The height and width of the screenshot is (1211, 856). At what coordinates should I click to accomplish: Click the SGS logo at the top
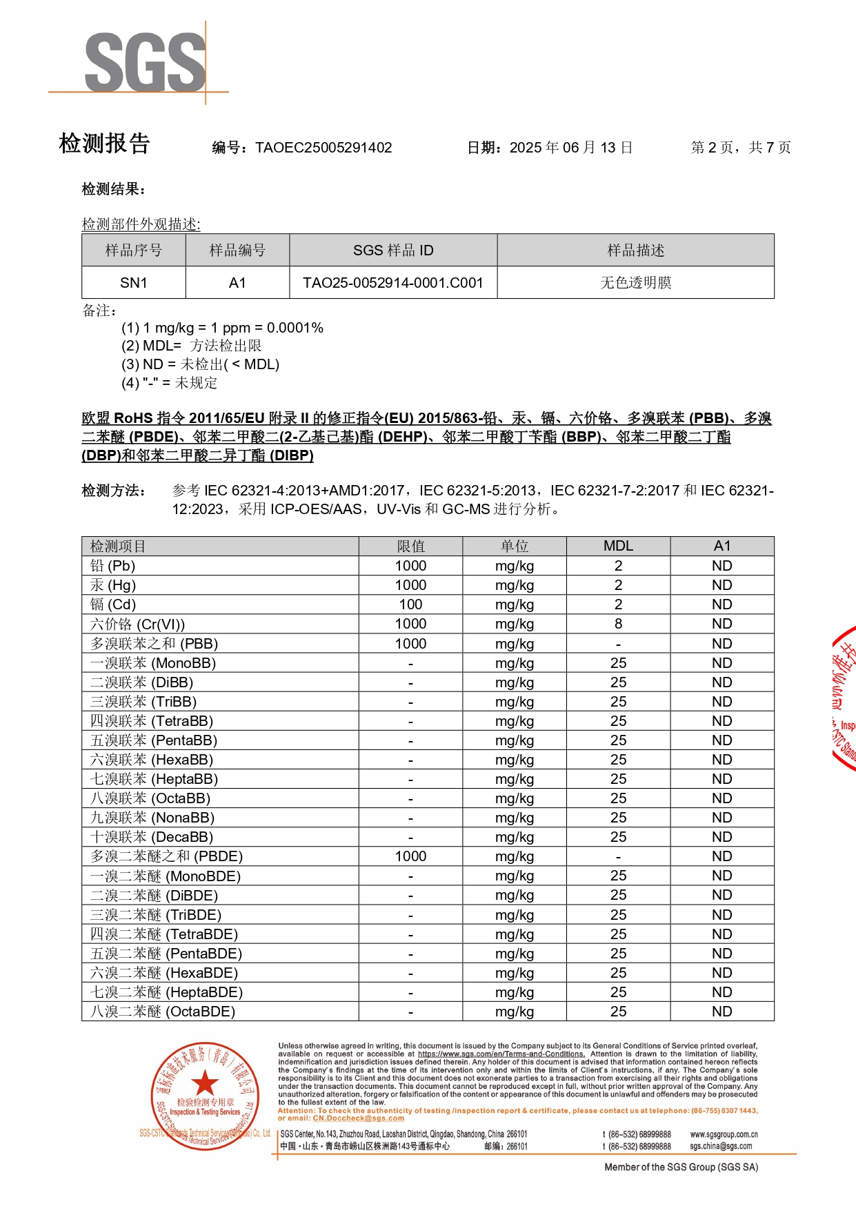click(x=146, y=62)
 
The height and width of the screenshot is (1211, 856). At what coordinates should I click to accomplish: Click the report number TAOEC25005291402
click(x=323, y=148)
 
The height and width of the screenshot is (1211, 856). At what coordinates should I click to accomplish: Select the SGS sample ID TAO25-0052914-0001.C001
click(x=392, y=283)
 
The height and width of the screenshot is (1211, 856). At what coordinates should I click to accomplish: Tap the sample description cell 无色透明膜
click(x=635, y=283)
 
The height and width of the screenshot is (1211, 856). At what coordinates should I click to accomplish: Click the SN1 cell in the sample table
click(x=133, y=283)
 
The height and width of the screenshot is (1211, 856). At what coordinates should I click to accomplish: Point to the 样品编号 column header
click(x=237, y=250)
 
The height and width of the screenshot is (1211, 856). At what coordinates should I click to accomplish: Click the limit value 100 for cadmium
click(x=410, y=604)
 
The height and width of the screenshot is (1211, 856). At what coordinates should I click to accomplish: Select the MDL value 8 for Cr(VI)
click(x=618, y=624)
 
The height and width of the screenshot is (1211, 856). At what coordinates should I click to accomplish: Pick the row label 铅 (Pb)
click(x=113, y=566)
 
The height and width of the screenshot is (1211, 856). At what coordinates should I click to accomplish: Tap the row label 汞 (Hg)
click(x=113, y=585)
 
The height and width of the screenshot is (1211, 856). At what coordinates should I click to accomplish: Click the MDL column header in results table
click(x=618, y=546)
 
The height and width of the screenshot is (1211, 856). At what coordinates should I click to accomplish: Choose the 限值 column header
click(x=410, y=546)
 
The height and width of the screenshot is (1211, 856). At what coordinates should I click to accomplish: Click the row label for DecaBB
click(x=152, y=837)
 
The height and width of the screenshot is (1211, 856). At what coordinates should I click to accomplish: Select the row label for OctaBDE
click(x=163, y=1012)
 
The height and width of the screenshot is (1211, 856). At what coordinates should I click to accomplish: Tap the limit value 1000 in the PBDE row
click(x=410, y=856)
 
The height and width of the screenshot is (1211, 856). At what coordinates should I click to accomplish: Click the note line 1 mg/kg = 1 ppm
click(x=222, y=328)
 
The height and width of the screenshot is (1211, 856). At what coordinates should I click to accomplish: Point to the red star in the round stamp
click(x=204, y=1083)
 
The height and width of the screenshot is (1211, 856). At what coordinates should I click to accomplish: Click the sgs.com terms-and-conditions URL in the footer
click(x=501, y=1054)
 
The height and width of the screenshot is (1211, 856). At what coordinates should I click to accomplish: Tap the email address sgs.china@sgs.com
click(x=721, y=1146)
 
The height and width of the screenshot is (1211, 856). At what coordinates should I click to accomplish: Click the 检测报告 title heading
click(x=105, y=144)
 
